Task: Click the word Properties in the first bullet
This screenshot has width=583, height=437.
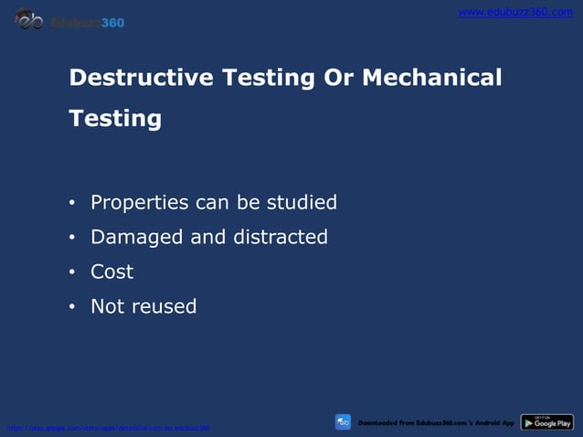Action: pyautogui.click(x=140, y=203)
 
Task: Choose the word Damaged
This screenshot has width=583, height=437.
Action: pyautogui.click(x=137, y=237)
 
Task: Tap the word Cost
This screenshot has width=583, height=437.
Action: pyautogui.click(x=111, y=272)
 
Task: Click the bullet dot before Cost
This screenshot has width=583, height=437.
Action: pyautogui.click(x=72, y=272)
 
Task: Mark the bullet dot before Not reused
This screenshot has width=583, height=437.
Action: pyautogui.click(x=72, y=307)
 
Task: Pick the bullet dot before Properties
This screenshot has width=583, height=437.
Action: pyautogui.click(x=72, y=203)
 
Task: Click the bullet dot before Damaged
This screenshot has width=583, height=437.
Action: pyautogui.click(x=72, y=238)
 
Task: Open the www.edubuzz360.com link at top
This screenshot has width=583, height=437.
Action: pyautogui.click(x=515, y=12)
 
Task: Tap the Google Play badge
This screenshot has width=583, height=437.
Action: pyautogui.click(x=546, y=422)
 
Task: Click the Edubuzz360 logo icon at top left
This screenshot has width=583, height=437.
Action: pyautogui.click(x=30, y=19)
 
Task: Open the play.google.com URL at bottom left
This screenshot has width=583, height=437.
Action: pyautogui.click(x=108, y=427)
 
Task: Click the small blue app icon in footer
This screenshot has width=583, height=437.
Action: pyautogui.click(x=343, y=422)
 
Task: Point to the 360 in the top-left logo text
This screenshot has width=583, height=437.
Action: pyautogui.click(x=112, y=22)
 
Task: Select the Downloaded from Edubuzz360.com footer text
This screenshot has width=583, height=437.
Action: pyautogui.click(x=436, y=422)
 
